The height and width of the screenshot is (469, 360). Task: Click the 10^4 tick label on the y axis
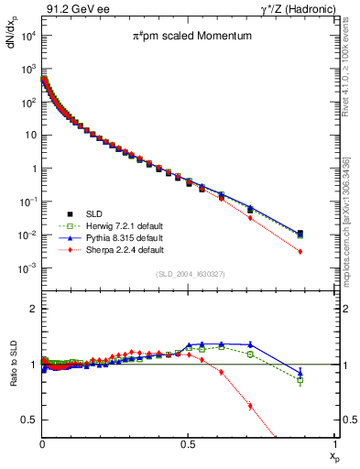pyautogui.click(x=28, y=36)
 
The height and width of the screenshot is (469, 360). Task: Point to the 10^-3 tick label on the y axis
pyautogui.click(x=28, y=268)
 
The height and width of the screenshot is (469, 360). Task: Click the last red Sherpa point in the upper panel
pyautogui.click(x=300, y=251)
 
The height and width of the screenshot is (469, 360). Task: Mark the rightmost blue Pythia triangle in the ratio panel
pyautogui.click(x=300, y=373)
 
